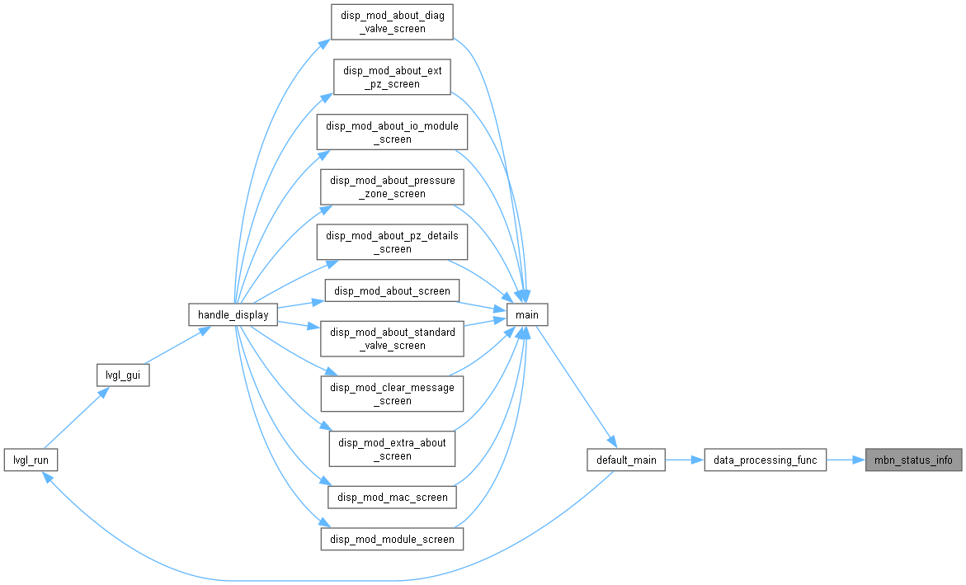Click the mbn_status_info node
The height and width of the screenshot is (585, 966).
point(914,460)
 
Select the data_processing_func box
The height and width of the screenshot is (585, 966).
point(766,460)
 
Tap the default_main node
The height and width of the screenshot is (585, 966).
point(626,460)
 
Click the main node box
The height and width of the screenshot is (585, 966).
point(527,314)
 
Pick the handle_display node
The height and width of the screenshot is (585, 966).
point(233,314)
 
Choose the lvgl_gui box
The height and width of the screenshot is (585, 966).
point(123,375)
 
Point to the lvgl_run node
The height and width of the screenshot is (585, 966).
point(31,460)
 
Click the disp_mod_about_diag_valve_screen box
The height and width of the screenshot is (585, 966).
point(392,22)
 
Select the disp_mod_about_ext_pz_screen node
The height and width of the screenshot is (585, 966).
point(392,77)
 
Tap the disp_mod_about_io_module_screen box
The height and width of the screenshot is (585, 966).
point(392,132)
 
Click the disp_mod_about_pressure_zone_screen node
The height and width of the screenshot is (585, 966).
point(392,186)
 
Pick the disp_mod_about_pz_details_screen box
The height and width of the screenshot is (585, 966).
point(392,242)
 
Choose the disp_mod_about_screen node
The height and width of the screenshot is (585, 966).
point(392,290)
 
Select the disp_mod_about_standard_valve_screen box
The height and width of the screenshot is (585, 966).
point(392,338)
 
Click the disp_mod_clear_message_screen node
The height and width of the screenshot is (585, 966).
point(392,394)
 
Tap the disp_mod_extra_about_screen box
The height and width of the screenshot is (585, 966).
point(392,449)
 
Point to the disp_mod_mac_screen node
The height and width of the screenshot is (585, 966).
point(392,497)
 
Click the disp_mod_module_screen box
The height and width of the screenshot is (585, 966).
point(392,539)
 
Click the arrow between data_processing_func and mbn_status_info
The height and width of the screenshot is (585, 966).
point(846,460)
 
